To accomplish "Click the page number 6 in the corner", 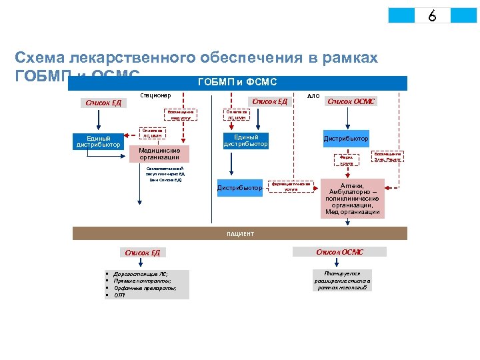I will (432, 15).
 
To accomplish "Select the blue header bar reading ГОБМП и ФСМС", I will (238, 83).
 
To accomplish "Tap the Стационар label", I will (155, 95).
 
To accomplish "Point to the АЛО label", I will (313, 96).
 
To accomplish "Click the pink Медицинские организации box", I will (159, 154).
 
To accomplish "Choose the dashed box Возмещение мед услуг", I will (181, 114).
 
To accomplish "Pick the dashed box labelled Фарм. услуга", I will (347, 160).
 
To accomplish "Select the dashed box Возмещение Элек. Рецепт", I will (387, 157).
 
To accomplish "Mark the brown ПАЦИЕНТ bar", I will (239, 234).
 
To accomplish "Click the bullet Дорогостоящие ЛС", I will (141, 274).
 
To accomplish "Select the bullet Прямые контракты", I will (141, 281).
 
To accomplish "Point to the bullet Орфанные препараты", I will (145, 288).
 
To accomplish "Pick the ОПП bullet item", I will (121, 295).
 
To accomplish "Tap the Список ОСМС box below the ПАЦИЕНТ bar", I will (340, 252).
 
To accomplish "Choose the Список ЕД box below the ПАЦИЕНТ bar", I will (143, 253).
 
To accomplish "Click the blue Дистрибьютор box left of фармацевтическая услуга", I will (239, 188).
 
